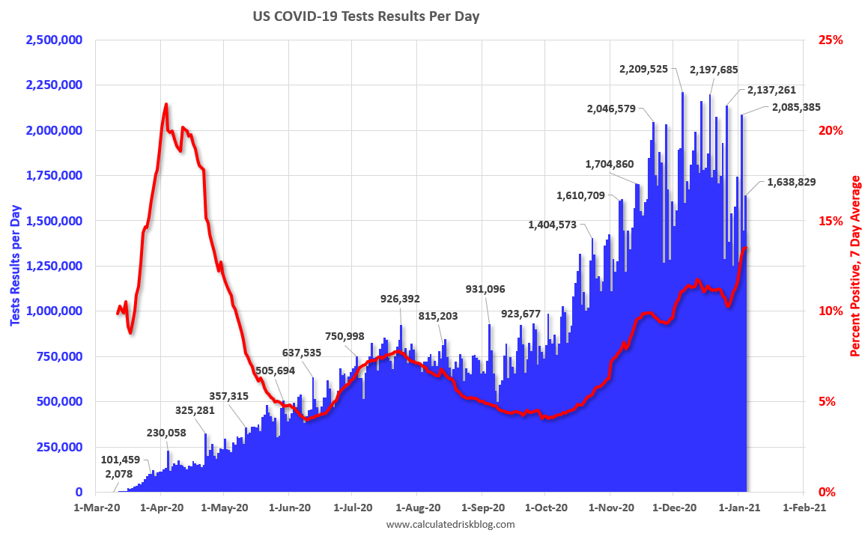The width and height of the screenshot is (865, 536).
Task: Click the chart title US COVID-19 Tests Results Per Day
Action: pos(365,16)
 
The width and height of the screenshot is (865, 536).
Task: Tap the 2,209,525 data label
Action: pos(649,69)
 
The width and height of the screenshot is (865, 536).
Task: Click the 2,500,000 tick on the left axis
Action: pos(54,40)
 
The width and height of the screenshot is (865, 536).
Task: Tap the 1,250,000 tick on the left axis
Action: pos(54,266)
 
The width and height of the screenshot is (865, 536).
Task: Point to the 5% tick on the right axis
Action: pos(825,401)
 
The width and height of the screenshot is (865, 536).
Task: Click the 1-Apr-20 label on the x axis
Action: pos(162,508)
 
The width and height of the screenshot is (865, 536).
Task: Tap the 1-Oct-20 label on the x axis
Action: pos(546,508)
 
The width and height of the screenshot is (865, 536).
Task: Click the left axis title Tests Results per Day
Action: pos(15,266)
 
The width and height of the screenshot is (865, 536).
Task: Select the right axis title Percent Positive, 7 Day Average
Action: pos(855,266)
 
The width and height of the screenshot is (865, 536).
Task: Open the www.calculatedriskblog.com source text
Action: pos(451,525)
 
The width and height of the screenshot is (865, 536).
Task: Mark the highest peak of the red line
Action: pos(166,104)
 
